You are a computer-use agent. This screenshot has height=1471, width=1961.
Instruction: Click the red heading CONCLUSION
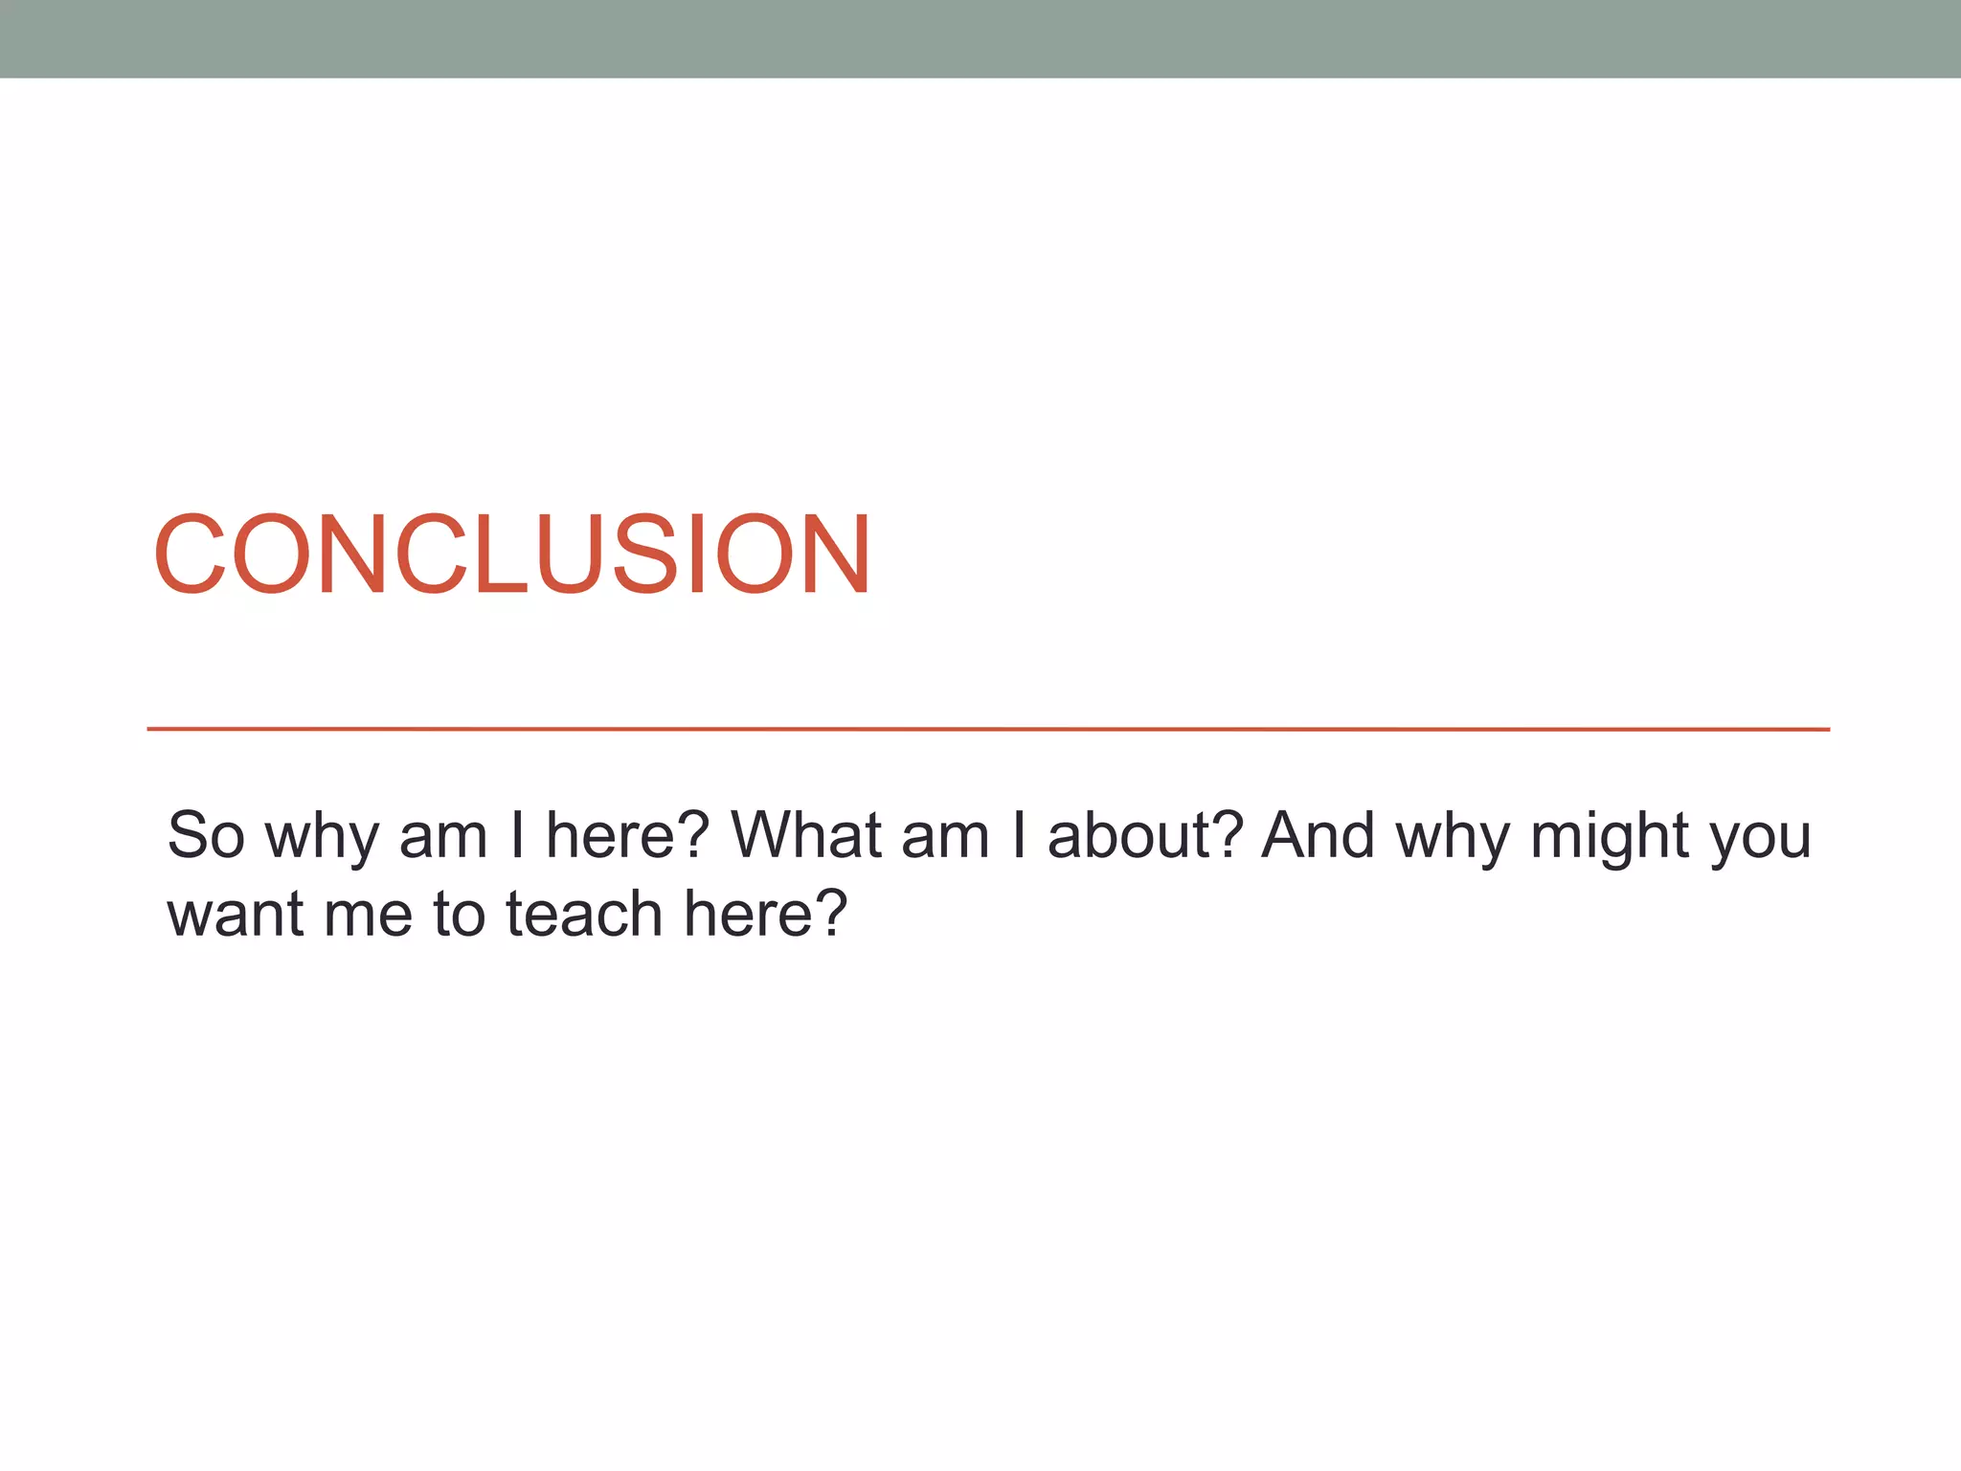click(x=512, y=555)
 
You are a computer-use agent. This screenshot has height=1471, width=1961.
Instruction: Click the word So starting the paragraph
click(x=206, y=835)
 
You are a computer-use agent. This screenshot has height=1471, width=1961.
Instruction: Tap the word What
click(x=805, y=835)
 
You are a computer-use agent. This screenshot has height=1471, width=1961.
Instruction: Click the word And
click(x=1319, y=835)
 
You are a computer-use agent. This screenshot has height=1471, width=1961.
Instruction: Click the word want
click(x=236, y=914)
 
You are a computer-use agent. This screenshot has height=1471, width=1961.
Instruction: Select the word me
click(x=369, y=916)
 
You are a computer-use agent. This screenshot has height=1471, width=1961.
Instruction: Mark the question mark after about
click(x=1231, y=835)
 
